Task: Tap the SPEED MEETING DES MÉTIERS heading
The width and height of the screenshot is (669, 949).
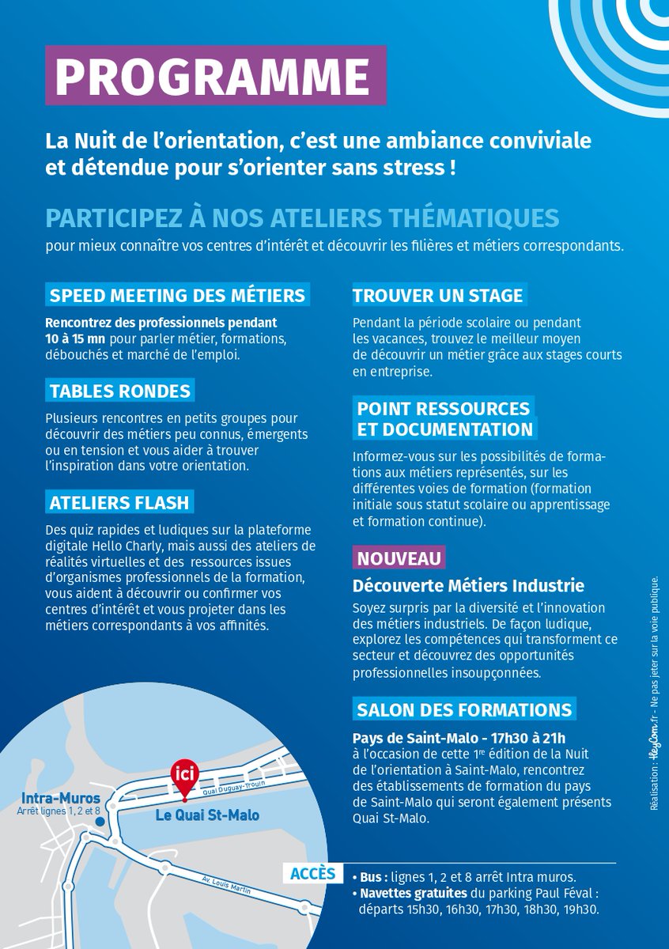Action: [177, 296]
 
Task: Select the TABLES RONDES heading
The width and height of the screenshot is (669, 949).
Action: [119, 391]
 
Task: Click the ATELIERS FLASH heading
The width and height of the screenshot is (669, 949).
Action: [119, 502]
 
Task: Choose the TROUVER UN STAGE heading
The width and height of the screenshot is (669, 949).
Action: [438, 296]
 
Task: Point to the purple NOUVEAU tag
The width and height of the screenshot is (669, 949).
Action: [399, 558]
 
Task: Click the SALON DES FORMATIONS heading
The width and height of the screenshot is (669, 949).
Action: [464, 709]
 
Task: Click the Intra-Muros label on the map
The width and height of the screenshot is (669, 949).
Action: [54, 799]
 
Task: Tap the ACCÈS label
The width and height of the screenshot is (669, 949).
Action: [312, 874]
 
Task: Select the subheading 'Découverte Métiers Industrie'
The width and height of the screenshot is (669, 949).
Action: [468, 586]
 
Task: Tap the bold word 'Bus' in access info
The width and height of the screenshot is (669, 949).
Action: [372, 877]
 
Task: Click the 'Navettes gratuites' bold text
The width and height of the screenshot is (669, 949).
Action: [413, 893]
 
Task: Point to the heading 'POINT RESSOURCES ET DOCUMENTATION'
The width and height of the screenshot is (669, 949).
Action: [444, 419]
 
